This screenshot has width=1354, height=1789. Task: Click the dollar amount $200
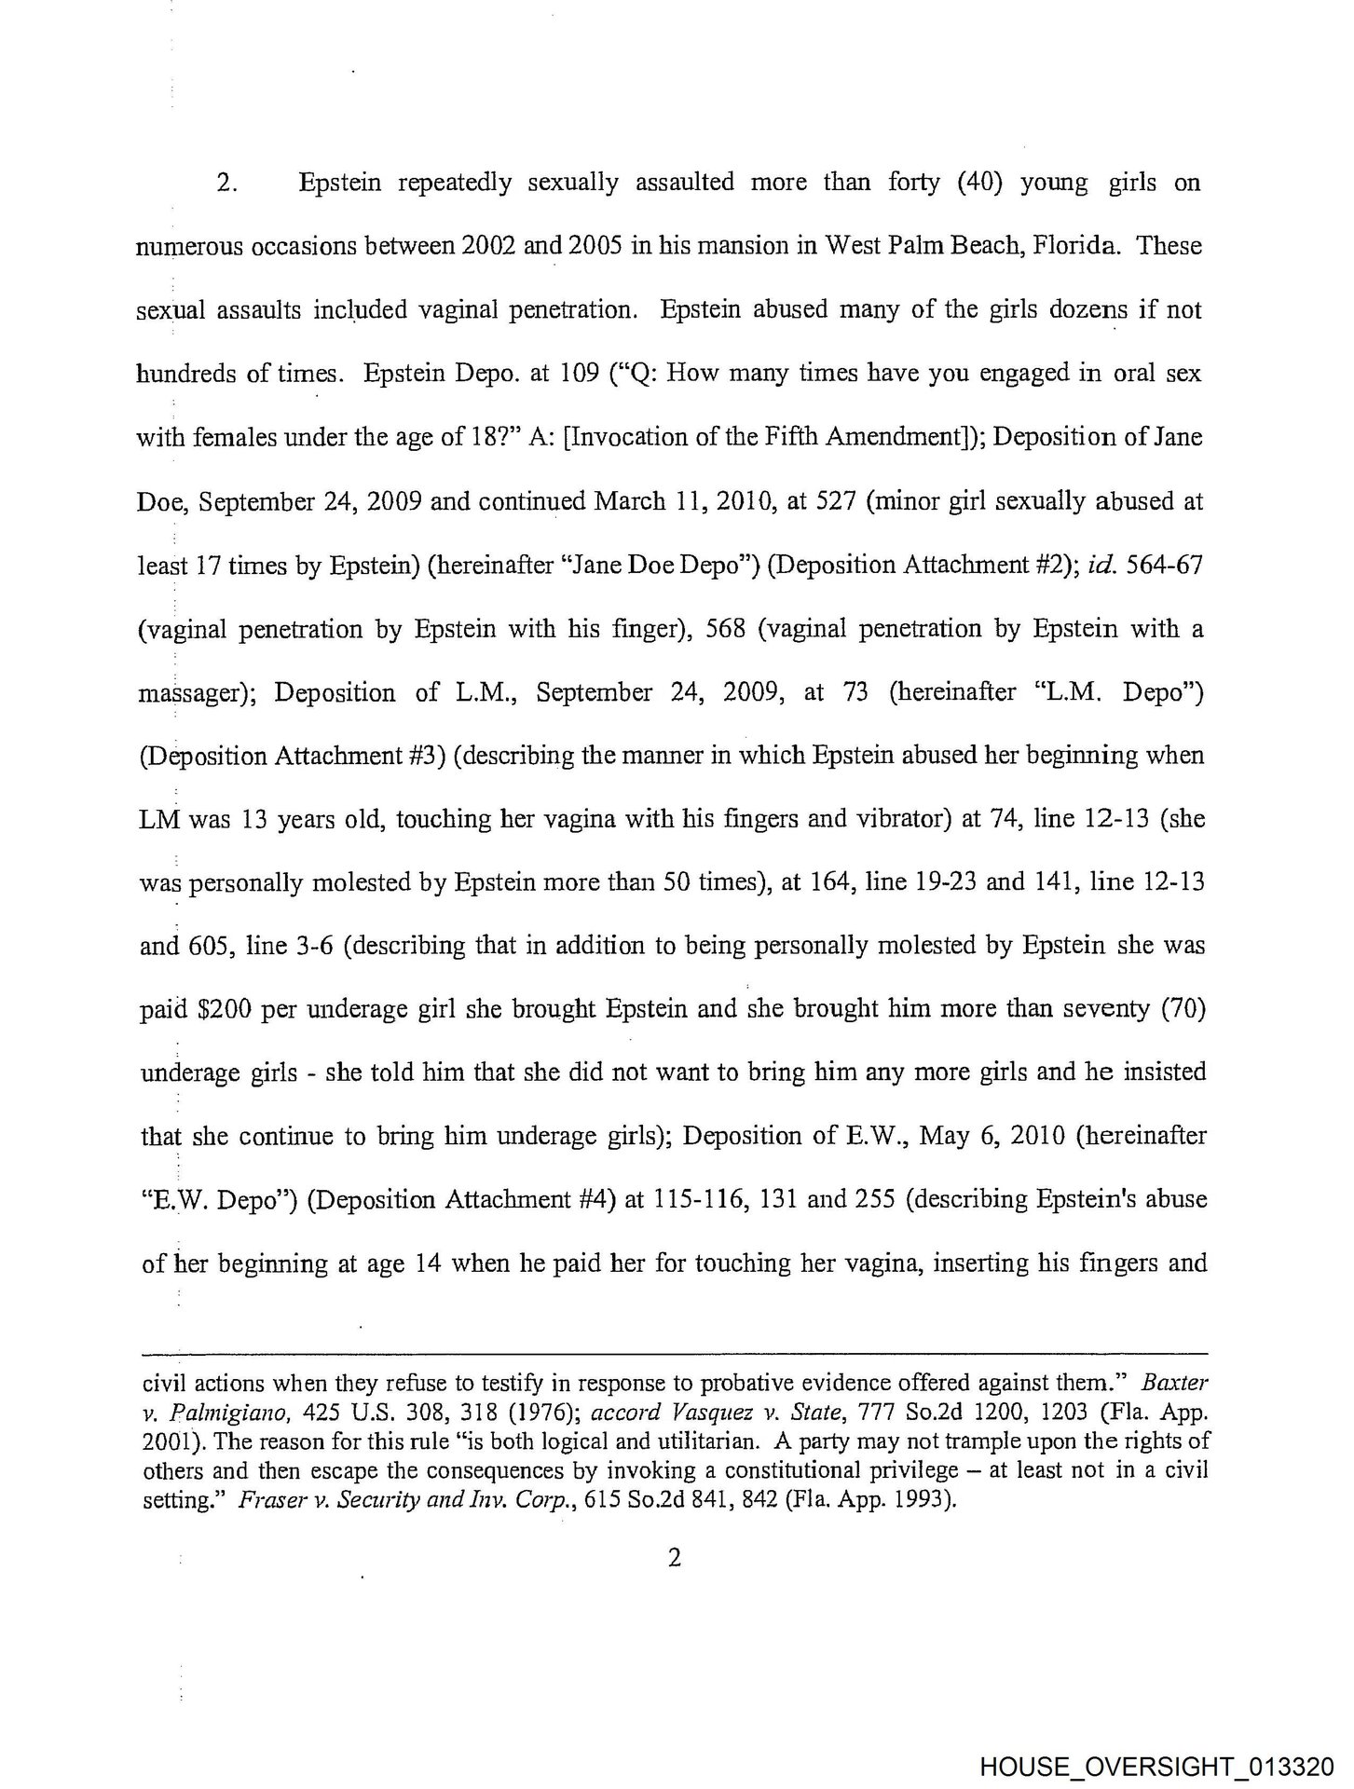223,1010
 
